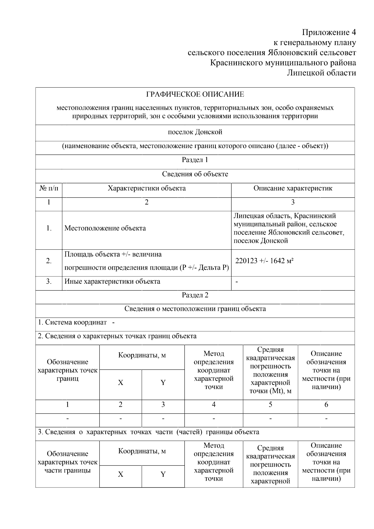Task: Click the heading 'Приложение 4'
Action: pos(329,32)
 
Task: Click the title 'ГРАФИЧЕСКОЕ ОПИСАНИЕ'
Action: pos(195,94)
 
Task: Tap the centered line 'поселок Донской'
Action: pos(195,132)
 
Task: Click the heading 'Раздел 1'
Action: pos(195,160)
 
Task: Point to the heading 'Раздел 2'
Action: pos(195,295)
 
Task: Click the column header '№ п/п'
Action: pos(49,188)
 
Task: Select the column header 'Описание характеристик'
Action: pos(293,188)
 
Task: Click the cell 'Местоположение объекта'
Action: pos(105,228)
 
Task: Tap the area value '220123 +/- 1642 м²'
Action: pos(264,261)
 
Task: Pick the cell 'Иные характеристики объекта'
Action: pos(112,281)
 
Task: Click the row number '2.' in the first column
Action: pos(49,261)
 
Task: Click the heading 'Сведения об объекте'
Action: pos(195,174)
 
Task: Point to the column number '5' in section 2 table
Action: pos(270,405)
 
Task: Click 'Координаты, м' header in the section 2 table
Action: pos(142,356)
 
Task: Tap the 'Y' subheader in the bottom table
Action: pos(163,474)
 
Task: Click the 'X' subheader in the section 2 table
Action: pos(121,383)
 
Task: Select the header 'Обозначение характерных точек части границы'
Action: pos(68,462)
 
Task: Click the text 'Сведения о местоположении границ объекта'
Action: pos(195,309)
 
